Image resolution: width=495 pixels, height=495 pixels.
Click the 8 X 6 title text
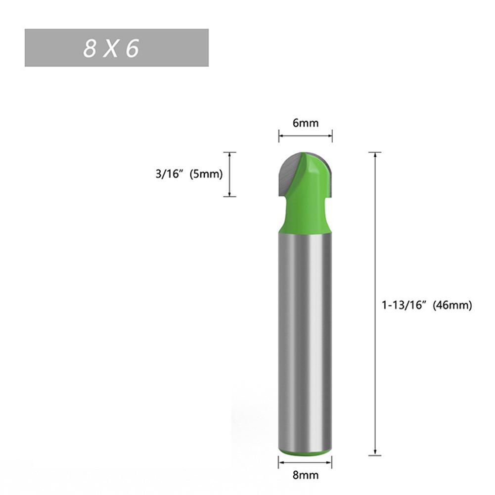[111, 48]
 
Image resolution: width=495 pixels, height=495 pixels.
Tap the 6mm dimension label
[305, 123]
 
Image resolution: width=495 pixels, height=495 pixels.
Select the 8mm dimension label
[305, 475]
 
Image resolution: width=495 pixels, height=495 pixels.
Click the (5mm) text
[206, 174]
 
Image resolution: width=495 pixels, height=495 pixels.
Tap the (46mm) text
[452, 306]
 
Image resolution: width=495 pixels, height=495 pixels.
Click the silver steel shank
[305, 341]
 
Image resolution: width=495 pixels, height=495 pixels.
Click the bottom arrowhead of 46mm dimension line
[375, 452]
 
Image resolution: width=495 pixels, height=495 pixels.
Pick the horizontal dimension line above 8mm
[305, 462]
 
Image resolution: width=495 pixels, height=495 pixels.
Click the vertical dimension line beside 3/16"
[229, 174]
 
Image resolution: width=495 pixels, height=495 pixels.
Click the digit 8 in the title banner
[89, 48]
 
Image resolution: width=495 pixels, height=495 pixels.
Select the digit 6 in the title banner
[133, 48]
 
